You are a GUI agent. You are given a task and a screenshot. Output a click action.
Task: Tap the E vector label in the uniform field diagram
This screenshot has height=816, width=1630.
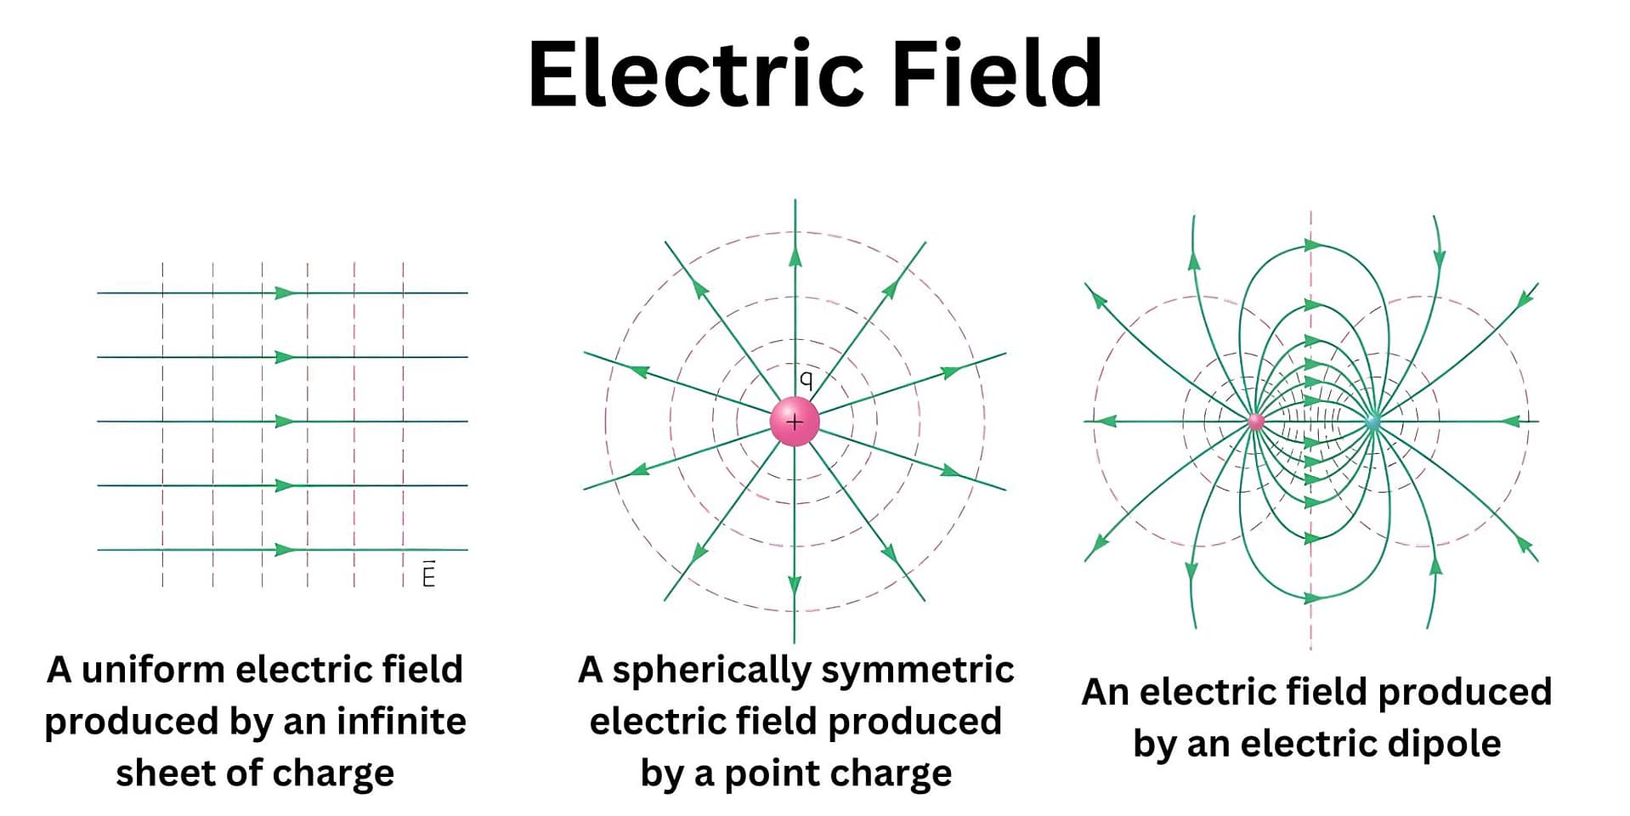(x=428, y=575)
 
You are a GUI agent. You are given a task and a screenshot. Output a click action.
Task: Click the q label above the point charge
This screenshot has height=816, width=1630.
(x=806, y=379)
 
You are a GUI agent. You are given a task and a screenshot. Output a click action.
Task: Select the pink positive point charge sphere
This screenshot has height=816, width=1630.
(x=795, y=421)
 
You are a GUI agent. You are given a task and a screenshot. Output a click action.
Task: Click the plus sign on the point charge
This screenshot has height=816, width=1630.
(x=795, y=421)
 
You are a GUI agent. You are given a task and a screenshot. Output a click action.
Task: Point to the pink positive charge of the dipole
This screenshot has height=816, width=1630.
(x=1255, y=421)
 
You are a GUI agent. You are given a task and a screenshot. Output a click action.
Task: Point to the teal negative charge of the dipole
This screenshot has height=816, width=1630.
(x=1372, y=421)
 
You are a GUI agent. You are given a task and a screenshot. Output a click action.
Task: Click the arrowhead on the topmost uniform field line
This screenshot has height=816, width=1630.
(x=285, y=293)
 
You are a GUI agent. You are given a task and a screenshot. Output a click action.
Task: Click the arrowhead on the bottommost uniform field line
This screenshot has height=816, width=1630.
(x=285, y=550)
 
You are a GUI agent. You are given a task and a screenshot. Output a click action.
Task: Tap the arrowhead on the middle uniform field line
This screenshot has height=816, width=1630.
(x=285, y=422)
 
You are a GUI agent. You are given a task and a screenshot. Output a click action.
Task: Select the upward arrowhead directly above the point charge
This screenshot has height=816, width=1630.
(x=795, y=257)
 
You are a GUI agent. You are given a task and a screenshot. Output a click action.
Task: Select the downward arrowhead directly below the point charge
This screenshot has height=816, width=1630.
(x=795, y=585)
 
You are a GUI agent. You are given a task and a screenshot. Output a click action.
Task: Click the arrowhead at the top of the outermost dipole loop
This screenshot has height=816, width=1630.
(x=1312, y=246)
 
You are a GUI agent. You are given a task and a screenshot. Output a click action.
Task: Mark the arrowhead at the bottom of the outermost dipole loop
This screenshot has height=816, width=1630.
(x=1312, y=598)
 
